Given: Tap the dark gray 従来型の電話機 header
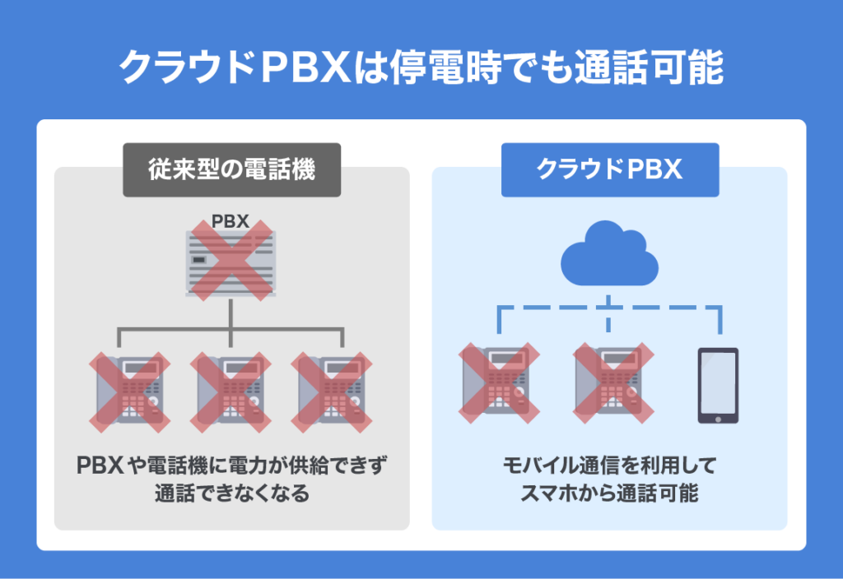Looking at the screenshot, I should click(x=231, y=170).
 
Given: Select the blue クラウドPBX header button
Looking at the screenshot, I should click(x=609, y=170).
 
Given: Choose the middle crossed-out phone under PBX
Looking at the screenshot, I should click(x=231, y=391).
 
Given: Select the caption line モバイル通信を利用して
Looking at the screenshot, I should click(x=609, y=466).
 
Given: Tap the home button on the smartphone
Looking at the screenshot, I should click(x=718, y=417).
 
